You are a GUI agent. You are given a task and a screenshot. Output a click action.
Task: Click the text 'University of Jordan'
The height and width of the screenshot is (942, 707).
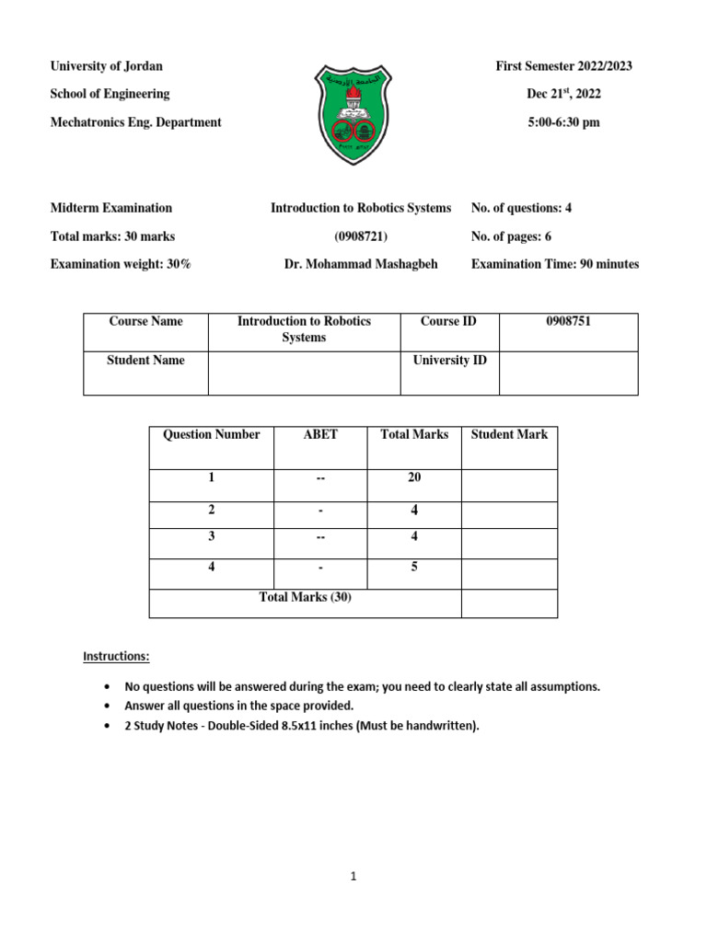coord(106,66)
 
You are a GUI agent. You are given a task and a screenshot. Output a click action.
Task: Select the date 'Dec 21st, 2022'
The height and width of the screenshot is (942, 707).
coord(563,94)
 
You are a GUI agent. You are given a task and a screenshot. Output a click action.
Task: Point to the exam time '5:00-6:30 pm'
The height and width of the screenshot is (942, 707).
coord(563,122)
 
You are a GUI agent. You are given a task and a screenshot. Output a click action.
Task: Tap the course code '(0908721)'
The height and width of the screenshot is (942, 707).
coord(360,236)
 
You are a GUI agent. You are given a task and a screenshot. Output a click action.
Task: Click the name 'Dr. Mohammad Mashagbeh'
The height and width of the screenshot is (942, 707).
coord(361,264)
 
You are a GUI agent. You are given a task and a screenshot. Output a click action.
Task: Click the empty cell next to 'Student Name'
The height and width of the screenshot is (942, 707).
coord(305,373)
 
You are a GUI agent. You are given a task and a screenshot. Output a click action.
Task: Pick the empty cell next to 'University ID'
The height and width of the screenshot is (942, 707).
coord(568,373)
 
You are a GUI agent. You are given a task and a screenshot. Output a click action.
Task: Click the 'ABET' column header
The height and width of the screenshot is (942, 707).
coord(320,434)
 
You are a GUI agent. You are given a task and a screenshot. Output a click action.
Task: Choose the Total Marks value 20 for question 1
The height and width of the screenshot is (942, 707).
coord(414,478)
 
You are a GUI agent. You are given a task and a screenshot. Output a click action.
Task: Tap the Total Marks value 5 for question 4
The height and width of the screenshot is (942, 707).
coord(414,568)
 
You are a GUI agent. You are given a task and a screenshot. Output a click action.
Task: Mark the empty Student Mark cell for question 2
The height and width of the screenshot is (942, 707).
coord(509,514)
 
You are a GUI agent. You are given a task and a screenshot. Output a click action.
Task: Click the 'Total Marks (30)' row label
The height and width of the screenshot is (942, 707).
coord(305,598)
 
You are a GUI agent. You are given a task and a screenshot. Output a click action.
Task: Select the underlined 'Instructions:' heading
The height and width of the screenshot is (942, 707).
coord(116,657)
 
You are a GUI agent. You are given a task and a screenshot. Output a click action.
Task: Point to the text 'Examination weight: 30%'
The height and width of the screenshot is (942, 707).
coord(121,264)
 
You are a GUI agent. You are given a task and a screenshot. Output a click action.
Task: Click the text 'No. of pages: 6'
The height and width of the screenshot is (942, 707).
coord(511,236)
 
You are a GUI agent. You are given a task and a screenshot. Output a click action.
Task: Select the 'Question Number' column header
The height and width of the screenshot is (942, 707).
coord(211,434)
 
